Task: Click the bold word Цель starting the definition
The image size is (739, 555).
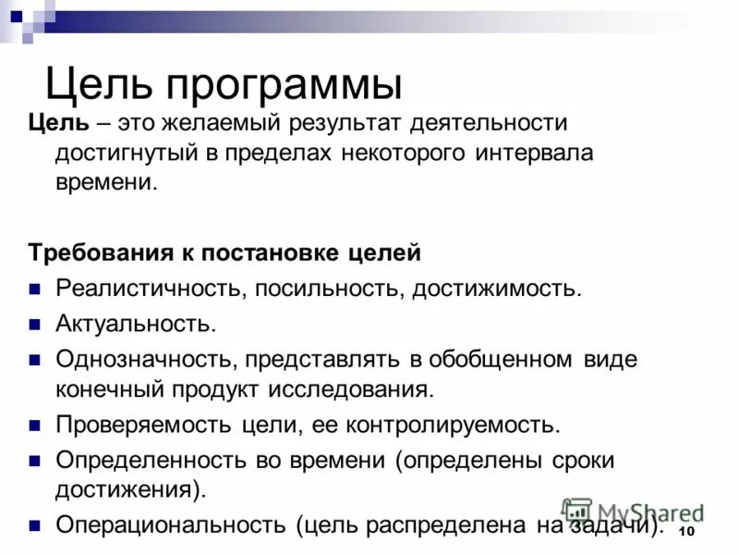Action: pyautogui.click(x=58, y=124)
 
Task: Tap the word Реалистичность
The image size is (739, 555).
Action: pyautogui.click(x=149, y=288)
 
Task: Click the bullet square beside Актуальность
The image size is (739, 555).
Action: pyautogui.click(x=34, y=325)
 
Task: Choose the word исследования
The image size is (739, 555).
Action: pyautogui.click(x=351, y=388)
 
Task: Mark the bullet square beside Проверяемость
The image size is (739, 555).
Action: pyautogui.click(x=34, y=425)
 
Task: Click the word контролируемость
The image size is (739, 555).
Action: pyautogui.click(x=453, y=425)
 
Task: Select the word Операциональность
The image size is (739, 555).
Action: pyautogui.click(x=170, y=524)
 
